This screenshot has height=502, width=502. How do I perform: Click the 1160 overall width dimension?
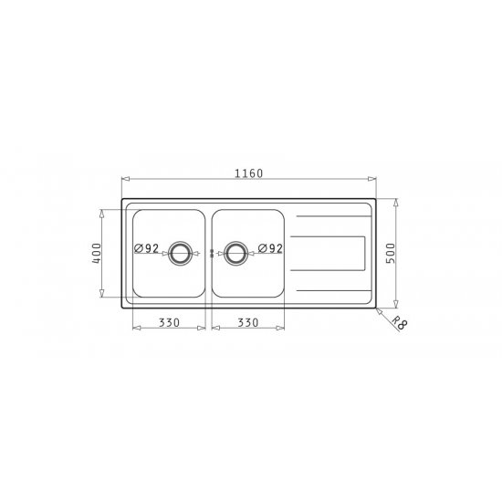[249, 173]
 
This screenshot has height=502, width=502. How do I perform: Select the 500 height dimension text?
[391, 253]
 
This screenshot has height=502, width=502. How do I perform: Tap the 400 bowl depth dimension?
[97, 253]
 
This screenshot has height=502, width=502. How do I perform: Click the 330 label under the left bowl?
[169, 322]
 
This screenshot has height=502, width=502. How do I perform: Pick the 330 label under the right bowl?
[247, 322]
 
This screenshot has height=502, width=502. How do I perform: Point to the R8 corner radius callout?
[400, 323]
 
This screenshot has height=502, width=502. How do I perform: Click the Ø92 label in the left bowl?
[147, 248]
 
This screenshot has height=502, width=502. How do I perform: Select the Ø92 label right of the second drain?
[270, 248]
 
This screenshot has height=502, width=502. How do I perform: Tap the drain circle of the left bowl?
[180, 242]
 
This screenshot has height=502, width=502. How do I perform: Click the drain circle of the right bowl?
[236, 242]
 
